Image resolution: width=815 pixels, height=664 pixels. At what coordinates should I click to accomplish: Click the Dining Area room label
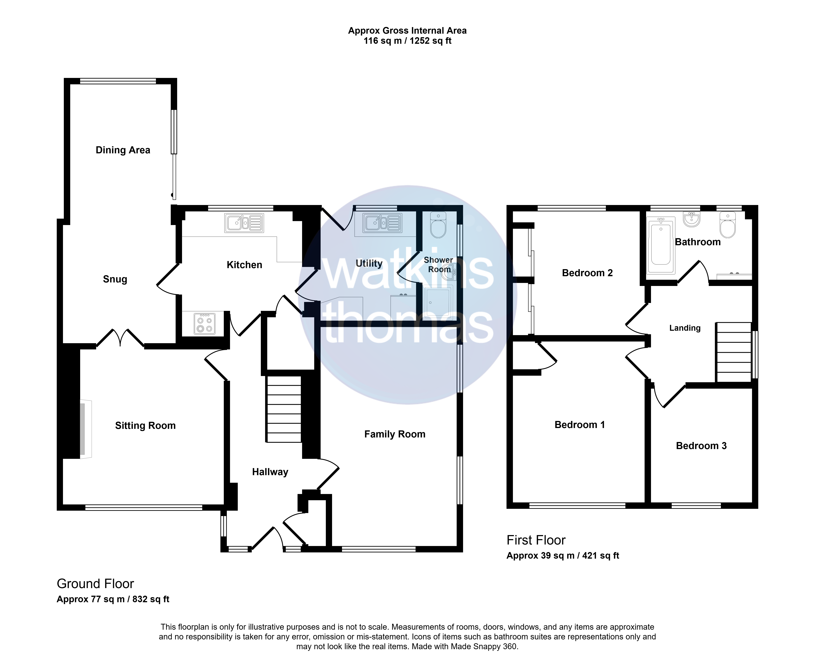click(123, 150)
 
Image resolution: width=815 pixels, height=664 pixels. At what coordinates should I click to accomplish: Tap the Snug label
click(115, 279)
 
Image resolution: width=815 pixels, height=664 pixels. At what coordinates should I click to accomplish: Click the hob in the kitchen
click(204, 324)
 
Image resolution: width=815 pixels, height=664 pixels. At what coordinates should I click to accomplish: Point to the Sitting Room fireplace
click(86, 429)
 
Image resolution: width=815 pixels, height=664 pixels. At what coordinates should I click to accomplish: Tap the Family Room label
click(395, 434)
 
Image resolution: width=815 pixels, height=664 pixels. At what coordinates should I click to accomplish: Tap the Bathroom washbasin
click(691, 219)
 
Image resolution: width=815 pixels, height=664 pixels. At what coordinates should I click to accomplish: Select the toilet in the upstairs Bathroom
click(727, 225)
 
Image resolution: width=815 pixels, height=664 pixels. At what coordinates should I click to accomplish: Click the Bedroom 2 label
click(587, 273)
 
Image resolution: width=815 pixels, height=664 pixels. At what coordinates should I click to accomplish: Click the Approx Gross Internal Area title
click(407, 31)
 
